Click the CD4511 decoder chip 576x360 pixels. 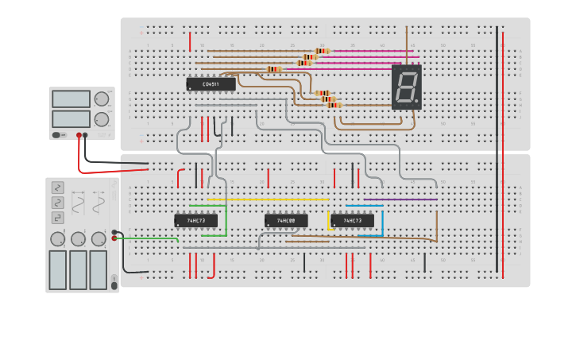211,83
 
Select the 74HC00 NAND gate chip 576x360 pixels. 285,220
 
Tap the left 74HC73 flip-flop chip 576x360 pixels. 195,220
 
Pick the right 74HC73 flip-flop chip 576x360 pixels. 352,220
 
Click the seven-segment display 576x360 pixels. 406,87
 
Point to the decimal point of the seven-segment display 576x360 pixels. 416,102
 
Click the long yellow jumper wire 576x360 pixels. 269,199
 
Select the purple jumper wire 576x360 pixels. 400,199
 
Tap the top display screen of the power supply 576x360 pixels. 71,99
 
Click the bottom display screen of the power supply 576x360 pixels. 71,118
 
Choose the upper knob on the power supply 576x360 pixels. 102,99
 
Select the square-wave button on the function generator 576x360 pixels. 58,217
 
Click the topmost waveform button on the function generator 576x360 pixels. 58,188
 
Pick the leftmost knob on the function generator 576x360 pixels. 58,239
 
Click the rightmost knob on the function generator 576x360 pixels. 99,239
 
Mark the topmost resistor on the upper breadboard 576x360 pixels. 322,51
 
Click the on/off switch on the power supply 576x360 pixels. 58,135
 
